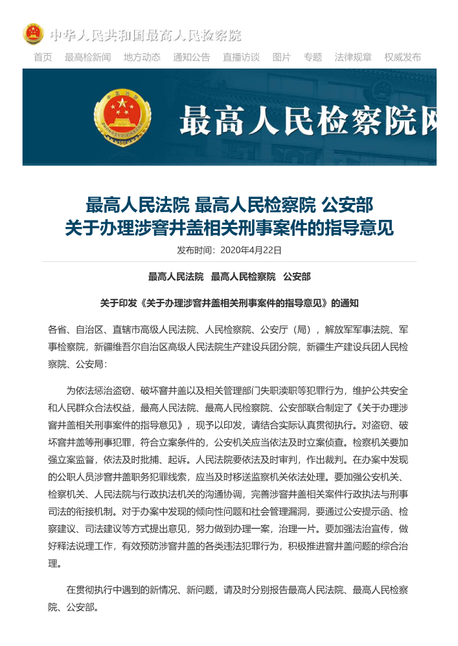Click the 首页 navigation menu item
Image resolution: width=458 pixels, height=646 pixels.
point(43,57)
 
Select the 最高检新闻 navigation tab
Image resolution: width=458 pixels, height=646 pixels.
point(87,57)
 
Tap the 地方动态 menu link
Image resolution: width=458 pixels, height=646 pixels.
point(142,57)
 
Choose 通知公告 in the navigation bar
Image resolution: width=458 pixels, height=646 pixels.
point(191,57)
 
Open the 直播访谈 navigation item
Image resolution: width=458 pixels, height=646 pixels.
point(241,57)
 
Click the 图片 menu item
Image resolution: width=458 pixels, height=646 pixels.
point(282,57)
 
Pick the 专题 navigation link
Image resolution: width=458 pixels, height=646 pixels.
point(313,57)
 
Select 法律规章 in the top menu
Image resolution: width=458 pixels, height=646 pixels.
point(353,57)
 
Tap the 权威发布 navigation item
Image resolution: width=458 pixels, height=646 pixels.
point(402,57)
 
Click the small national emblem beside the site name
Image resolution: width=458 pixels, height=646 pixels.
point(33,34)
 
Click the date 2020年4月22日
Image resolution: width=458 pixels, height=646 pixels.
point(251,250)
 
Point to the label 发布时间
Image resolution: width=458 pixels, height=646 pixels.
point(194,250)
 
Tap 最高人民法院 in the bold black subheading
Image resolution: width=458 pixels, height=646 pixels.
point(176,277)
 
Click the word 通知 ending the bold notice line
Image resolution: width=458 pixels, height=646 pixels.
point(349,302)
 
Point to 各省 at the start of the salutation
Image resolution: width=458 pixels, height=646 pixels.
point(56,328)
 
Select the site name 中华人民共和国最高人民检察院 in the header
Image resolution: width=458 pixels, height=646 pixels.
point(145,34)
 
